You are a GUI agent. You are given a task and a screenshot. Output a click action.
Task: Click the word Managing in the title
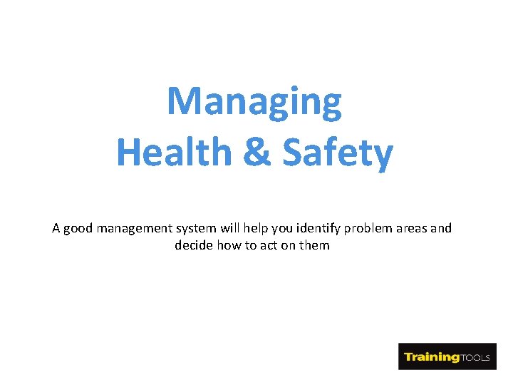point(254,102)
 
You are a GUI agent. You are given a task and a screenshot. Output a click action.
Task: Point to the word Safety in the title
point(338,152)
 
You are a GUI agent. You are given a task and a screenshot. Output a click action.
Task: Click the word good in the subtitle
point(78,229)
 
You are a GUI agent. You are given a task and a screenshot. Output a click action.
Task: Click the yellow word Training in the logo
point(432,356)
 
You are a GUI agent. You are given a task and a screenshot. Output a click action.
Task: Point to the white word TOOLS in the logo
point(476,357)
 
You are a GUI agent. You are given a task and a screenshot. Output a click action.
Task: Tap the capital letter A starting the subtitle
point(56,229)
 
